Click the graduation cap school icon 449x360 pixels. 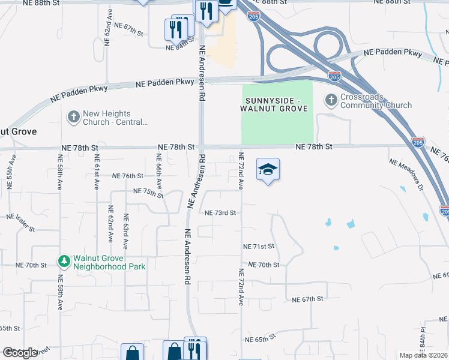pos(268,169)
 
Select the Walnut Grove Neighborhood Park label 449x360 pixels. pos(109,262)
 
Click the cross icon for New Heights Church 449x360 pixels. pos(74,117)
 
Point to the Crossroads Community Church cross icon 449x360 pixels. pos(331,101)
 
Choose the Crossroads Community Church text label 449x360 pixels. pos(376,101)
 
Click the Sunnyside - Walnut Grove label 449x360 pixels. pos(277,103)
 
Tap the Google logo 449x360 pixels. pos(20,353)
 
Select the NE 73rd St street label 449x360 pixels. pos(220,213)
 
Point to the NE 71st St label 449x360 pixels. pos(258,247)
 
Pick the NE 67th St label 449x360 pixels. pos(308,299)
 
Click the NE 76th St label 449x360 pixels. pos(128,176)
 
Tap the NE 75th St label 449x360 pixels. pos(148,192)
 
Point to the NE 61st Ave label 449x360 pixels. pos(96,172)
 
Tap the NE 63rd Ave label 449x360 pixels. pos(126,232)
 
